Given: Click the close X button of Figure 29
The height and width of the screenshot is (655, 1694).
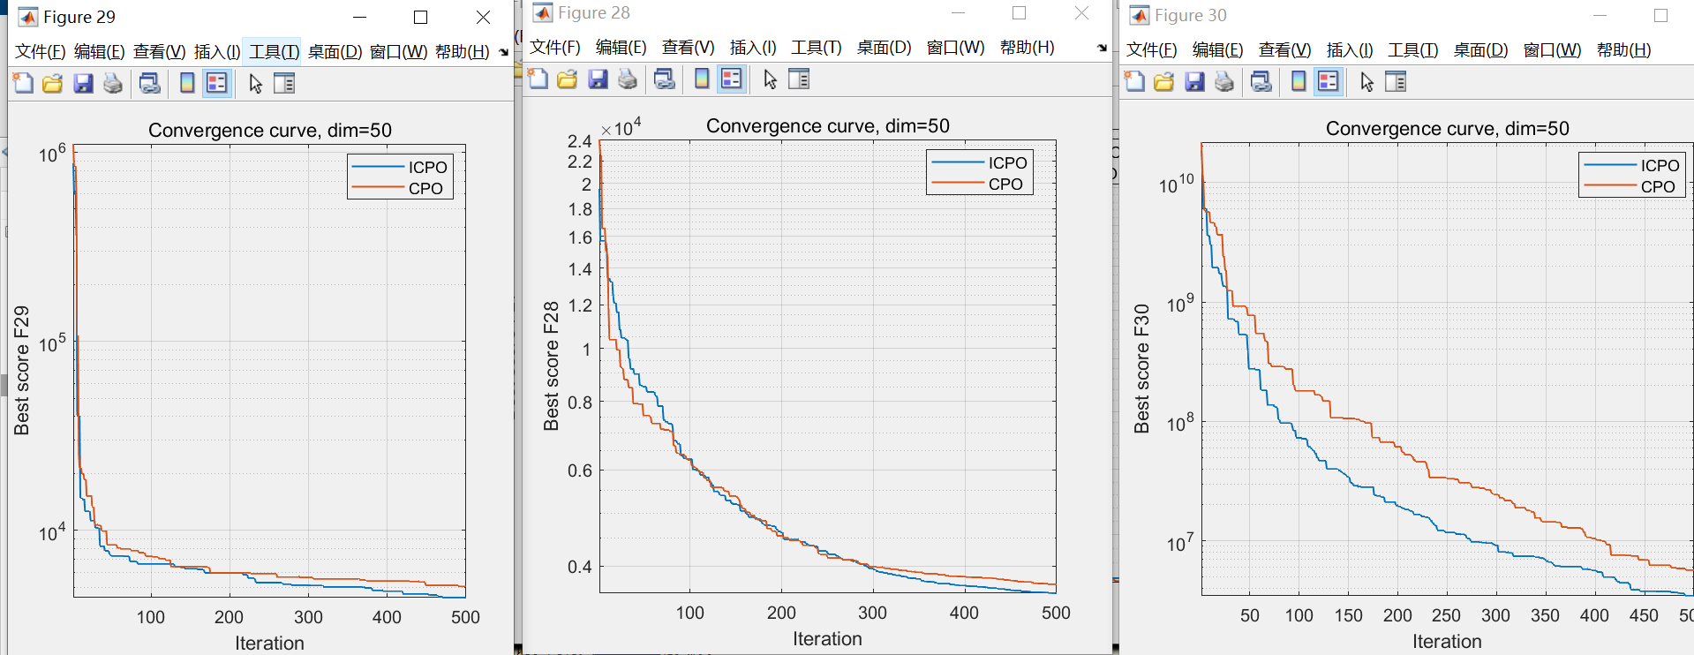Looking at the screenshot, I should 483,17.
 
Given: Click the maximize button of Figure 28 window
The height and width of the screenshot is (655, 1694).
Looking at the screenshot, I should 1019,13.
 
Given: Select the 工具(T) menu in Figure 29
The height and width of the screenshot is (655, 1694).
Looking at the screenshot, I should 274,52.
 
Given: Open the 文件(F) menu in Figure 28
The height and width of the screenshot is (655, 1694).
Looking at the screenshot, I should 554,48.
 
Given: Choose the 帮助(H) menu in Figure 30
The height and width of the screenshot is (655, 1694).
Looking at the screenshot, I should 1623,50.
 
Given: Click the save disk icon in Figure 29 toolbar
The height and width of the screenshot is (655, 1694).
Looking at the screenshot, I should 83,84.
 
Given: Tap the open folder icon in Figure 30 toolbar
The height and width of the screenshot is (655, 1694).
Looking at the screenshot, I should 1164,82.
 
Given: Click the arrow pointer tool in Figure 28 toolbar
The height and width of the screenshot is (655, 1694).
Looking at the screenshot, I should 770,79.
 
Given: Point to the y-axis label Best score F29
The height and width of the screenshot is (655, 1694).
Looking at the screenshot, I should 22,371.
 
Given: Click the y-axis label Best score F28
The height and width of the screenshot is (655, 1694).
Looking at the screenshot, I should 552,366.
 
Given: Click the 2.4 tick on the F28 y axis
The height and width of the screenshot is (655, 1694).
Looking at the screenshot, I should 579,141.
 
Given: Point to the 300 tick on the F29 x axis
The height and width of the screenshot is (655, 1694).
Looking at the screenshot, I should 308,617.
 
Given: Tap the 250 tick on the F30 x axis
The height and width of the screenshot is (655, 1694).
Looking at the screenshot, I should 1446,615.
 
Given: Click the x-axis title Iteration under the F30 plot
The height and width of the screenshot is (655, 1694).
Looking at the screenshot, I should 1447,642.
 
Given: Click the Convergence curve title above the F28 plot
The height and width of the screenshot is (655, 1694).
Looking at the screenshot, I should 827,126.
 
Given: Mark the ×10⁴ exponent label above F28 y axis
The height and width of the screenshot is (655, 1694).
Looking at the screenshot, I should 621,129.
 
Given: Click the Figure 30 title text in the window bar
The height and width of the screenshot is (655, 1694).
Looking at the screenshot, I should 1190,16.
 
